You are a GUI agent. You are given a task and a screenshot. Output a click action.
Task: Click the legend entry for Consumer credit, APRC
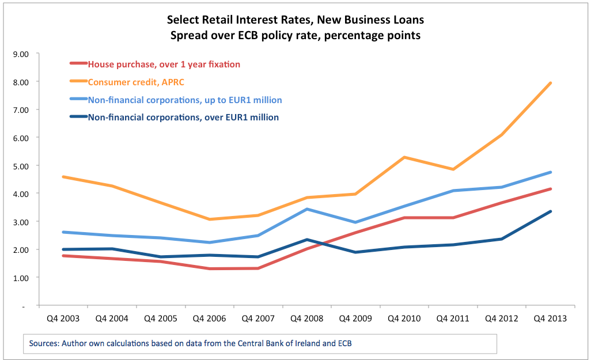click(135, 82)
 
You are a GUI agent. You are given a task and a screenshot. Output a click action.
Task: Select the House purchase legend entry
click(164, 64)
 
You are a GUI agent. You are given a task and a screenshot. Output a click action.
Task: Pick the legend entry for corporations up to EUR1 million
click(184, 100)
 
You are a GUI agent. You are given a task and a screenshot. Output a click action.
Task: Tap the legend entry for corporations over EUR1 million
click(183, 118)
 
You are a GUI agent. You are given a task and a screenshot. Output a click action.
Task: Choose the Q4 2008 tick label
click(307, 318)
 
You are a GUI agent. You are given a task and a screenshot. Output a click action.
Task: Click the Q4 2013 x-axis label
click(551, 318)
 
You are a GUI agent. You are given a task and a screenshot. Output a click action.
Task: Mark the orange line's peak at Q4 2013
click(551, 83)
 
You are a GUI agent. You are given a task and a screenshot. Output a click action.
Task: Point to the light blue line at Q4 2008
click(307, 209)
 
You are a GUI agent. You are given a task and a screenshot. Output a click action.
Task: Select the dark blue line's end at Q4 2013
click(551, 211)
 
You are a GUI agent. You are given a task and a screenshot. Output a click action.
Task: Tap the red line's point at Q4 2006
click(209, 268)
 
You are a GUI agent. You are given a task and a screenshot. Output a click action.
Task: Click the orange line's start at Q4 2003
click(63, 177)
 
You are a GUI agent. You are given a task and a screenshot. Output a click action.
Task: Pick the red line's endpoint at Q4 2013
click(551, 189)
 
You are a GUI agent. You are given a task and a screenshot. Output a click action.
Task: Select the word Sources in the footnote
click(44, 344)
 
